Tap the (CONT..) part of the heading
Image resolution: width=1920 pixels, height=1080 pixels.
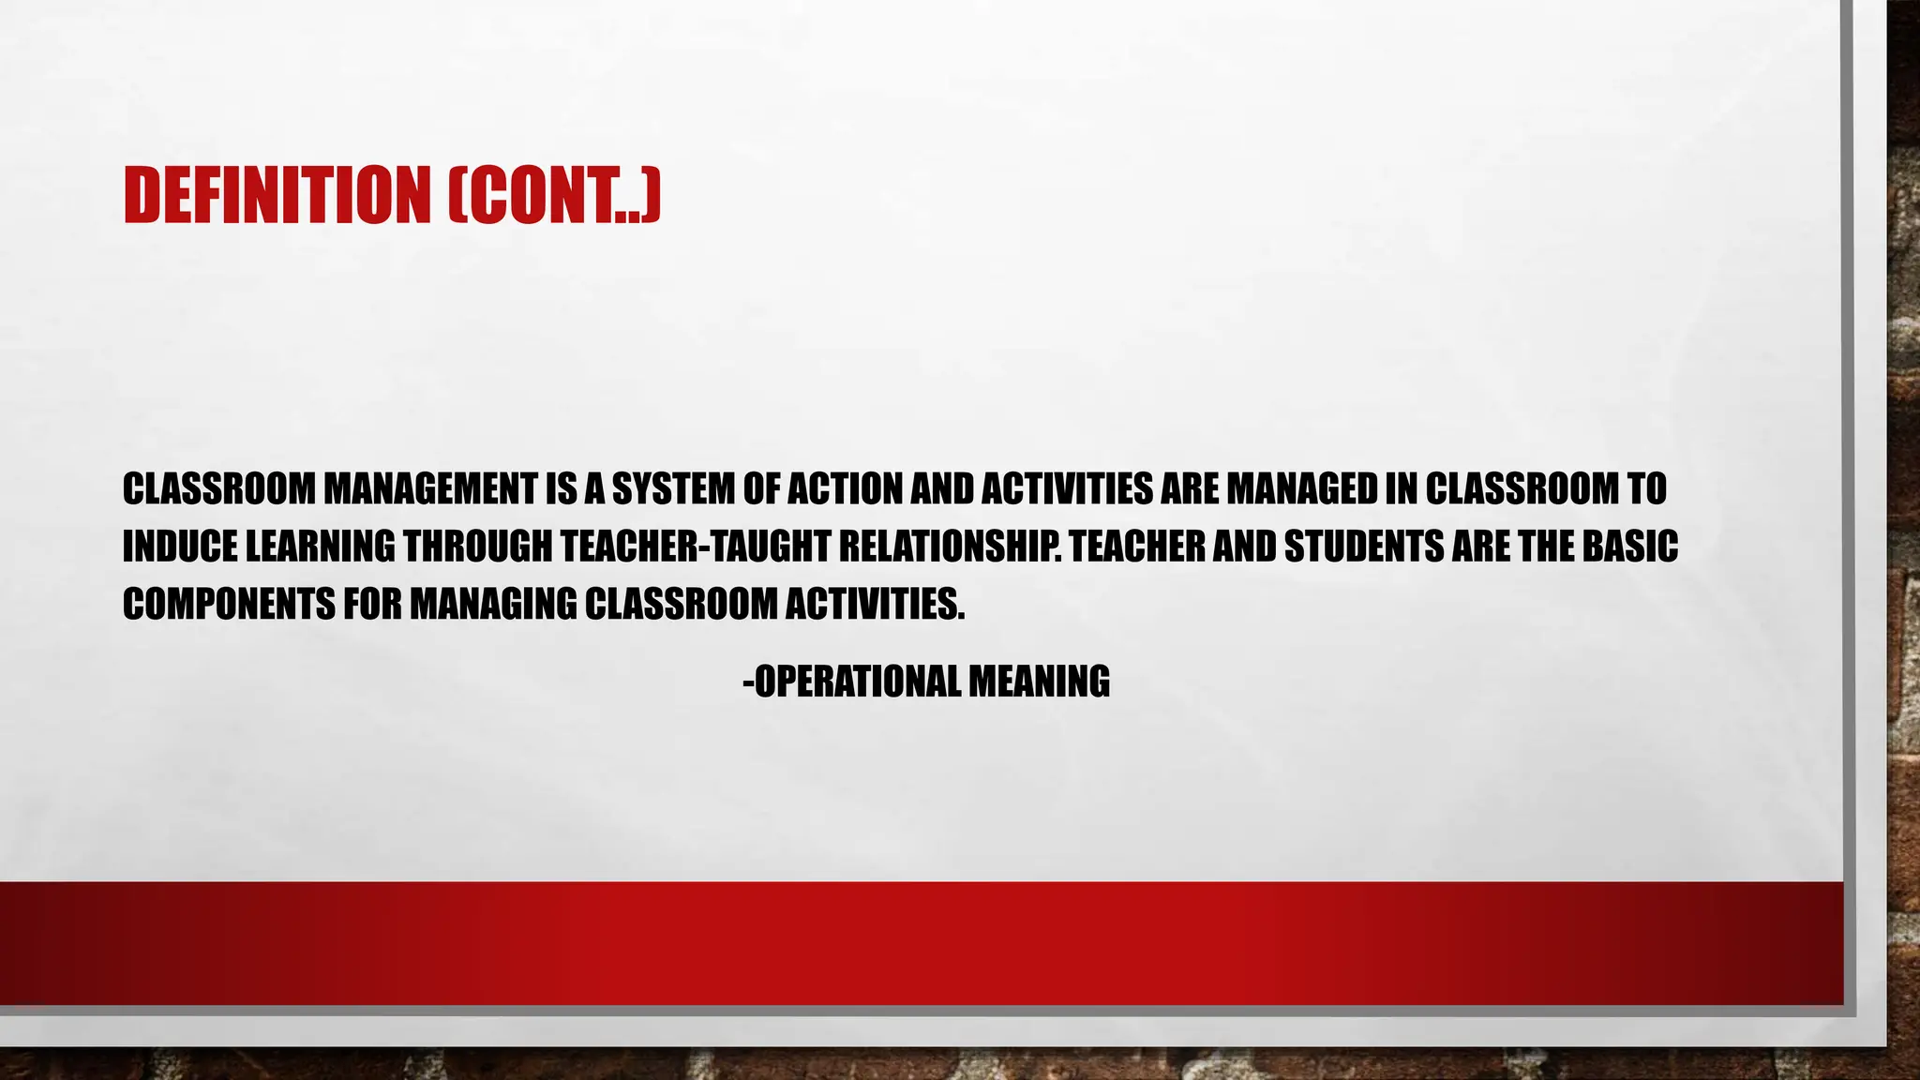554,195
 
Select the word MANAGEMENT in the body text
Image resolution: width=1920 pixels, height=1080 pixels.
431,488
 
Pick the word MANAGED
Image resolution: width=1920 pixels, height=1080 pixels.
1303,488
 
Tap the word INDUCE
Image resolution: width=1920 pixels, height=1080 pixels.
179,547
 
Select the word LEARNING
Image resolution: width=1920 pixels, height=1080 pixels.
320,547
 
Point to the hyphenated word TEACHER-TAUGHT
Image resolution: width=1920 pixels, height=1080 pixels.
695,547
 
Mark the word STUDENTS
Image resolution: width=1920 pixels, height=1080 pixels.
1364,547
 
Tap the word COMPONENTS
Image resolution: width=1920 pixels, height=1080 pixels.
229,605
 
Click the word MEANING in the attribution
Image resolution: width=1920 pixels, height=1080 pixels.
1039,682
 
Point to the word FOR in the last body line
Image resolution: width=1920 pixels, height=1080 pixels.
372,605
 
